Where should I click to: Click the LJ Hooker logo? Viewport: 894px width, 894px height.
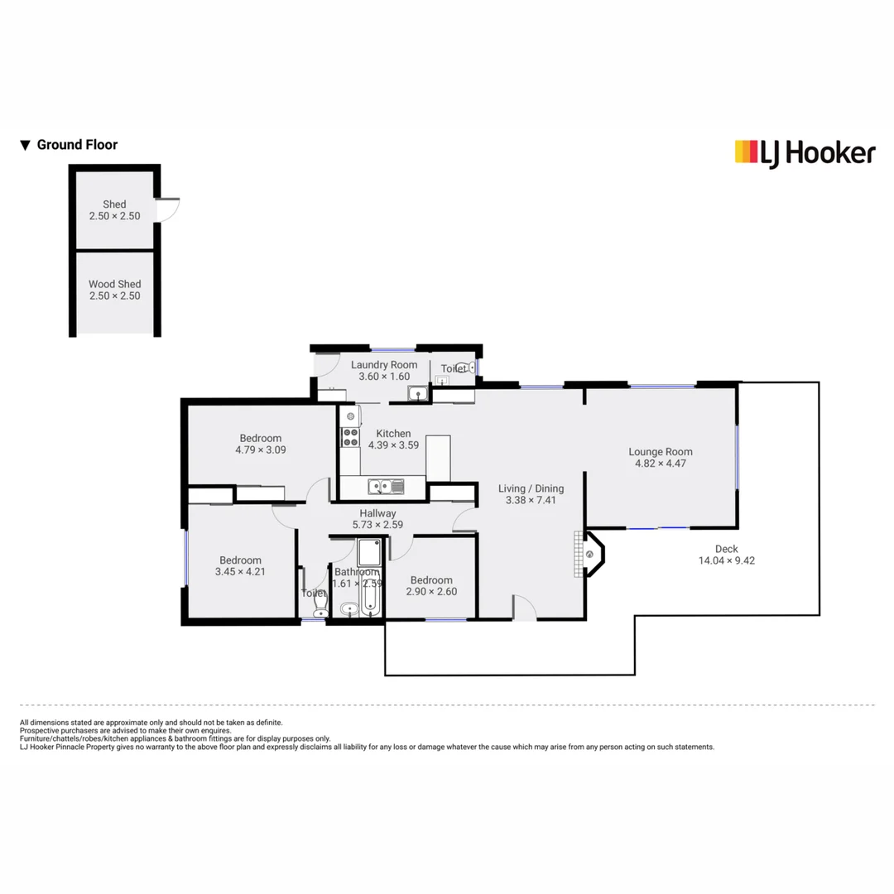tap(805, 152)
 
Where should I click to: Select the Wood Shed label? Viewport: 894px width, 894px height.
tap(114, 284)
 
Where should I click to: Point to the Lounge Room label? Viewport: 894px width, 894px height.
tap(660, 452)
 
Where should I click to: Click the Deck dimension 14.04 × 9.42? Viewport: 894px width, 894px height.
tap(726, 560)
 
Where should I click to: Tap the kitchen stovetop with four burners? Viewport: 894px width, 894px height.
tap(351, 437)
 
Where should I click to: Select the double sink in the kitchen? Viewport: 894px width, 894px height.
tap(385, 487)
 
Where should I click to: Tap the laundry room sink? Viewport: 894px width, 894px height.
tap(421, 393)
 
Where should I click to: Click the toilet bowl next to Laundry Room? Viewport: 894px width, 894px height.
tap(469, 368)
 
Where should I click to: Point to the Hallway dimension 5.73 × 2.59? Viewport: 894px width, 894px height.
tap(377, 525)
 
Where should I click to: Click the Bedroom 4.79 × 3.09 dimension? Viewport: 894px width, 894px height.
tap(260, 450)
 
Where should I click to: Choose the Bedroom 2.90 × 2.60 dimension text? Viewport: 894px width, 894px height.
tap(431, 592)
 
